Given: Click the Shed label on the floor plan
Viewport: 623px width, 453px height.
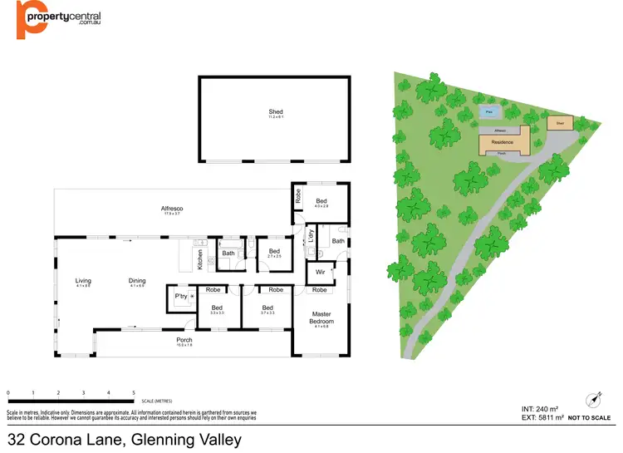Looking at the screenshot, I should [x=275, y=111].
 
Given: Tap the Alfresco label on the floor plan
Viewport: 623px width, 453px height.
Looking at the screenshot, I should [x=172, y=208].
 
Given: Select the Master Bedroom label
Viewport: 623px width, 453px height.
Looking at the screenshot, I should [x=321, y=318].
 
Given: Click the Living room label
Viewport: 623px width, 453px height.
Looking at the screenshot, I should [x=83, y=281].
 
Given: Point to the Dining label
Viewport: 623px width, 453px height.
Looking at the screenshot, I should [x=137, y=281].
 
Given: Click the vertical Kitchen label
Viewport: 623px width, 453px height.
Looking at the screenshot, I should [x=200, y=260].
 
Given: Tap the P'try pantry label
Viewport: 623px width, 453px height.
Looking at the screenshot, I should [x=179, y=296].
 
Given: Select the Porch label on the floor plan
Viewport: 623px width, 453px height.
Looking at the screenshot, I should [x=184, y=340].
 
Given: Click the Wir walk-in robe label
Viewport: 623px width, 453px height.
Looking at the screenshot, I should [x=319, y=273].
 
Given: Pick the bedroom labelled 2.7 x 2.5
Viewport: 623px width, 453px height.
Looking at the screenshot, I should [x=274, y=251].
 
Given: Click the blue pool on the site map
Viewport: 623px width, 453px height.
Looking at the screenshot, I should [x=489, y=111].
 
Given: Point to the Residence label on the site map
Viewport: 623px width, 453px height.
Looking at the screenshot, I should [x=502, y=142].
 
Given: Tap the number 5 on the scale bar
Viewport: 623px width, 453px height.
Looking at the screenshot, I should [x=134, y=391].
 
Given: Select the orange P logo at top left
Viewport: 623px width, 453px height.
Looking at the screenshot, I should [x=31, y=20].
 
